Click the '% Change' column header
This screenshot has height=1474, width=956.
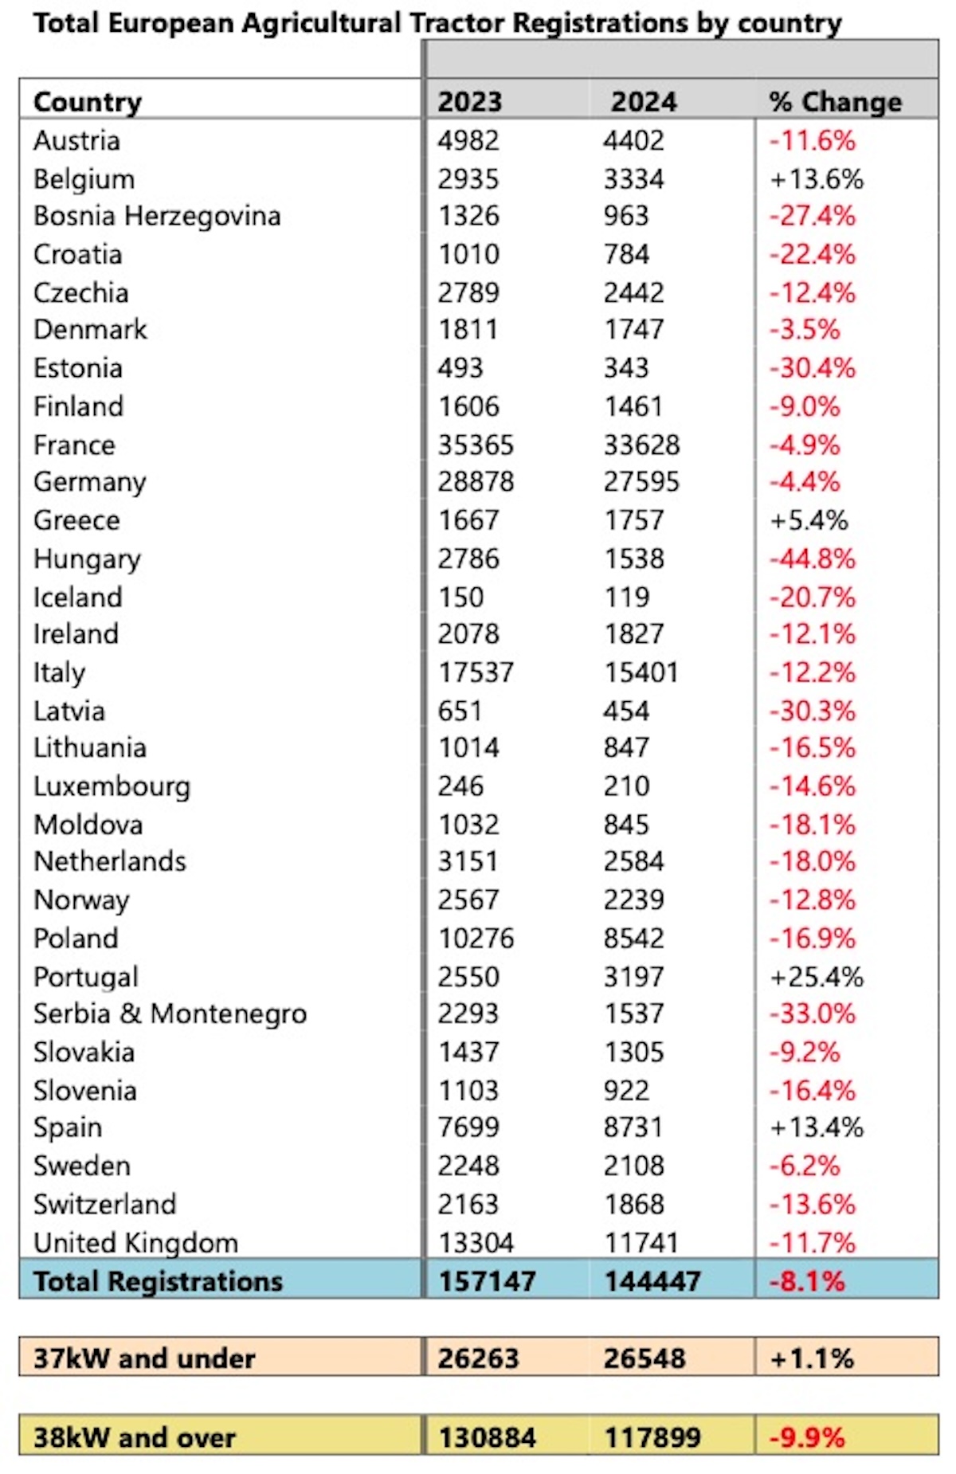835,102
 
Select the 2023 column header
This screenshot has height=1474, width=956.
470,102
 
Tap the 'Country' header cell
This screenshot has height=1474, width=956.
88,102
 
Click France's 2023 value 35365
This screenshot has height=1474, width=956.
476,445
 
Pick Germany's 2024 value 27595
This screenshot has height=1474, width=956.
641,482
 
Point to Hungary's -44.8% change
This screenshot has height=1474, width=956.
812,559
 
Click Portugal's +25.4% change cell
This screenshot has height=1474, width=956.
817,977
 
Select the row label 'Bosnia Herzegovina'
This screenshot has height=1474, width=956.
157,216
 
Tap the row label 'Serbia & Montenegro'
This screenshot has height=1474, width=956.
170,1013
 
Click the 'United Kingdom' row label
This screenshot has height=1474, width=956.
135,1243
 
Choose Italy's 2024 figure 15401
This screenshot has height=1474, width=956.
641,672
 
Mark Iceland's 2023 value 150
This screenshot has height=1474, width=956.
460,597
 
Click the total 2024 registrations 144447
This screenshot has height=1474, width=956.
652,1281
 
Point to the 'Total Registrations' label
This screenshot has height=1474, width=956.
158,1281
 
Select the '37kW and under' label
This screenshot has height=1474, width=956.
144,1358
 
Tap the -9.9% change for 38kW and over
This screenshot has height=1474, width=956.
807,1438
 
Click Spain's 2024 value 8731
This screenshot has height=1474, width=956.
633,1127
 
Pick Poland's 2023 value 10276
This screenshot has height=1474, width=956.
476,938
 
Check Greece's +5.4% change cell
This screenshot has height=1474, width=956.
809,520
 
